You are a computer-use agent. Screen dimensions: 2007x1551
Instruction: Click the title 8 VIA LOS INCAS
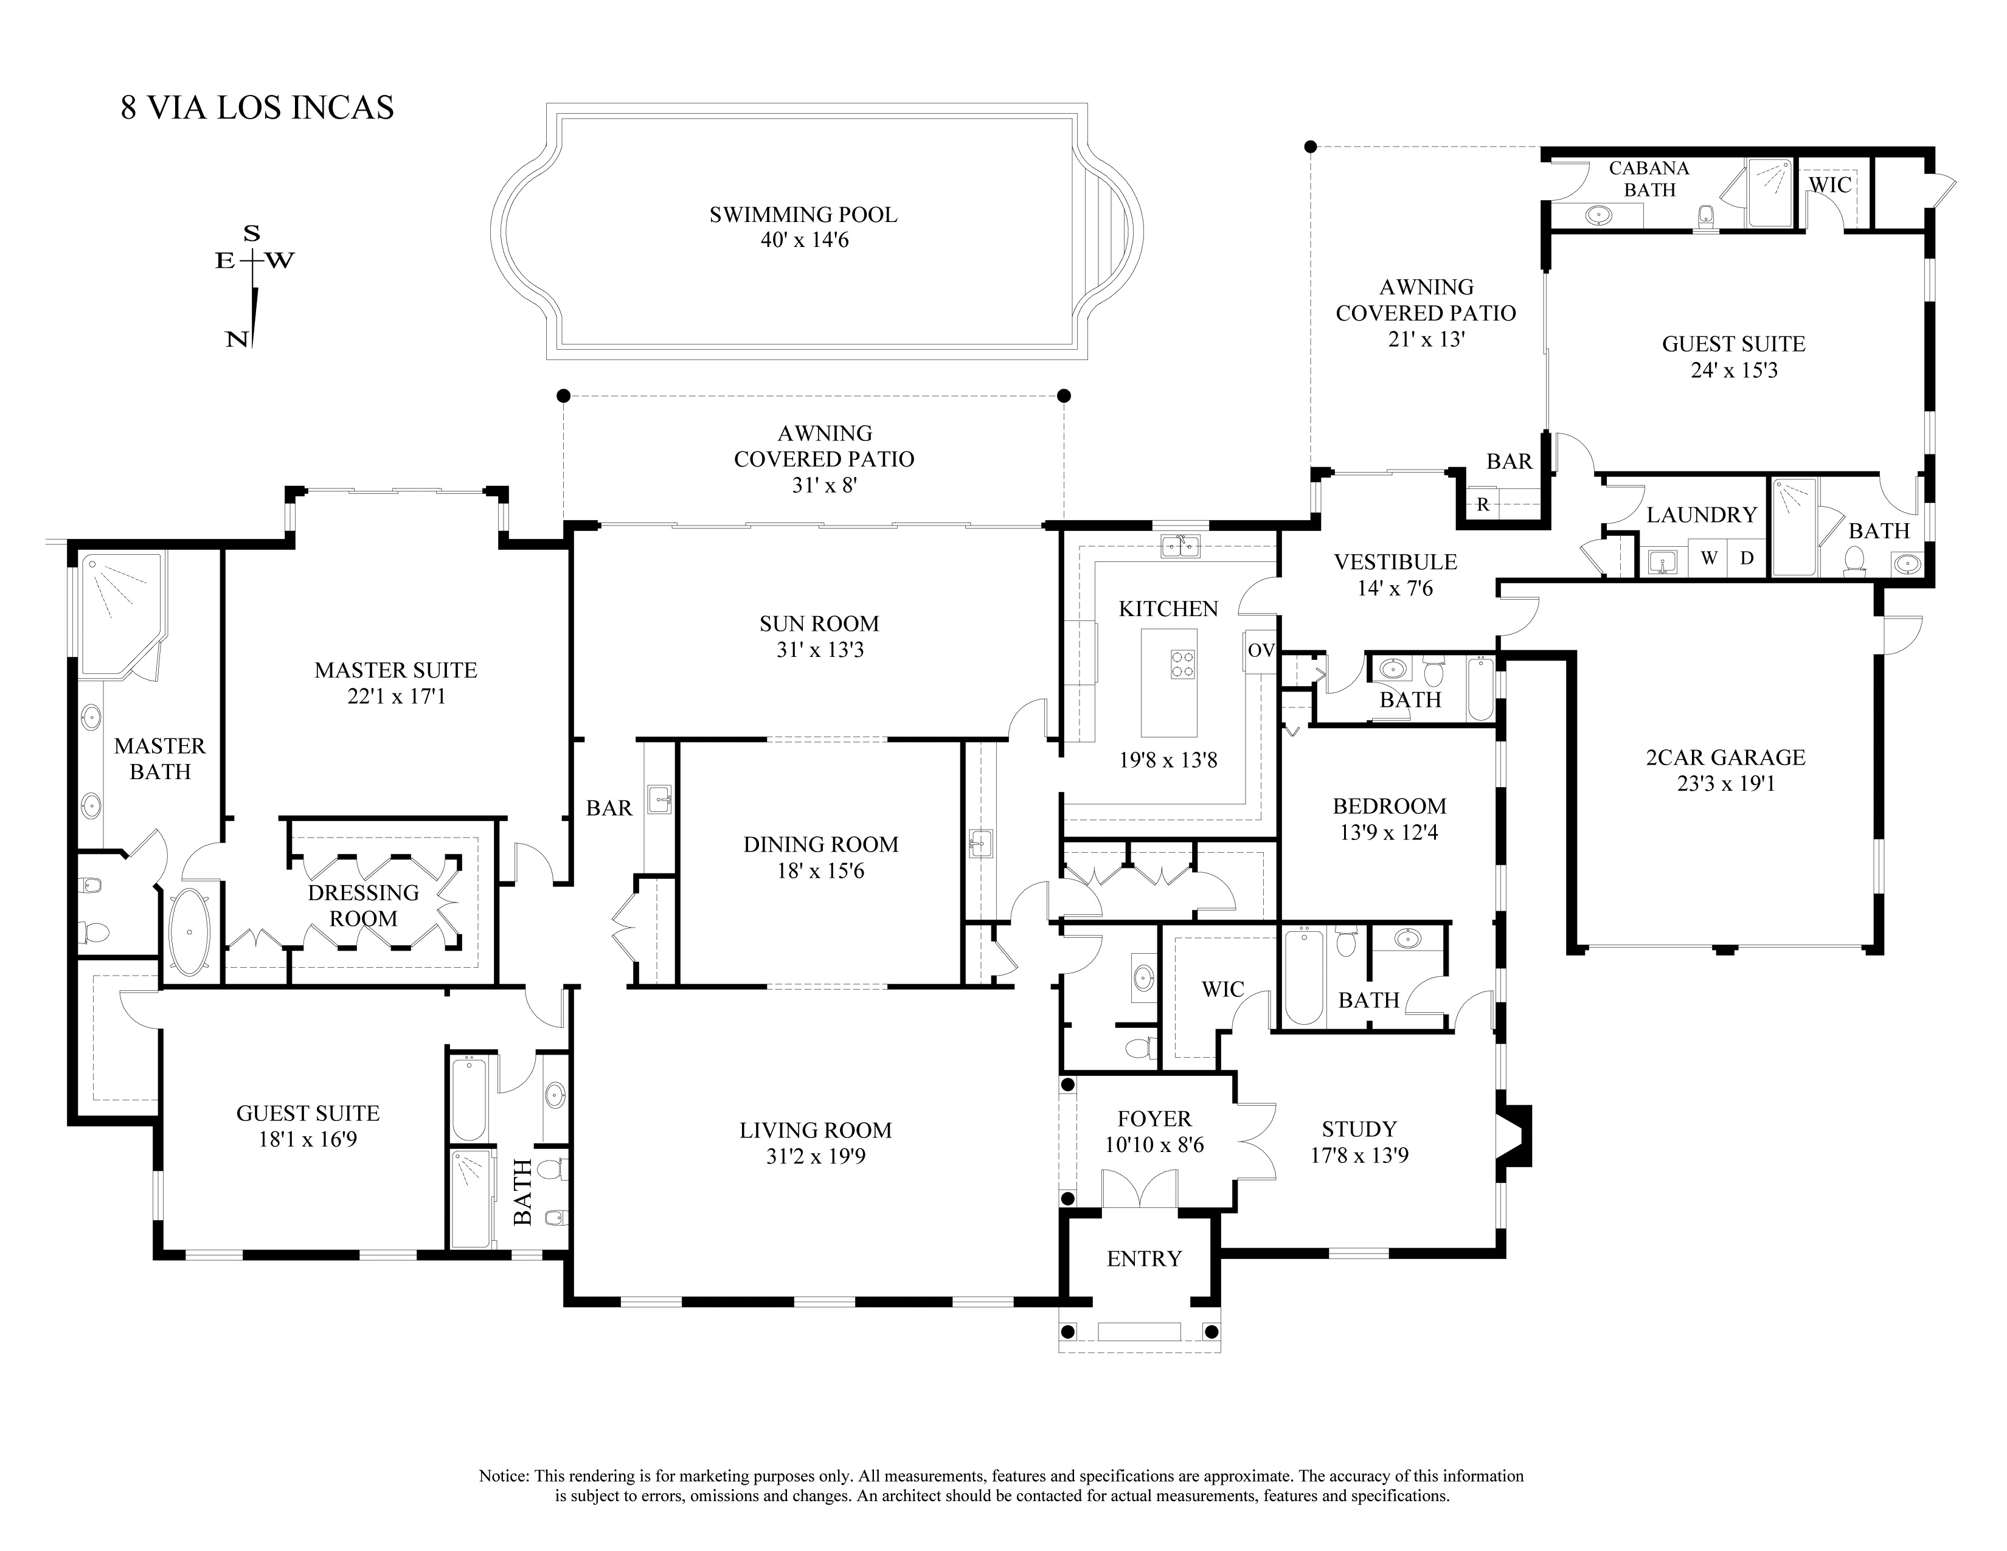(x=257, y=108)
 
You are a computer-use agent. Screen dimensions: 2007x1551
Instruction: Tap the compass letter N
(x=237, y=339)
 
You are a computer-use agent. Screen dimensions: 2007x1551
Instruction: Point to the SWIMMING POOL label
(x=803, y=215)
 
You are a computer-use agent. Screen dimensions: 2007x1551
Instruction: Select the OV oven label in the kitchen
(x=1261, y=651)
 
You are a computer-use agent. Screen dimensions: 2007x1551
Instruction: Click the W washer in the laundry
(x=1708, y=558)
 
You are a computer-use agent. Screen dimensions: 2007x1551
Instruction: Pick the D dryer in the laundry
(x=1747, y=558)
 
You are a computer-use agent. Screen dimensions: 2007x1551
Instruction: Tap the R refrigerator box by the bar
(x=1483, y=504)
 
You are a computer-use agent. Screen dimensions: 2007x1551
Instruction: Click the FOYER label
(x=1154, y=1119)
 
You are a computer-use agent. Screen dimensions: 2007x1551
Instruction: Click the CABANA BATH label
(x=1649, y=179)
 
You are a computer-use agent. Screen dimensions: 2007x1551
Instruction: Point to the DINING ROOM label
(x=820, y=844)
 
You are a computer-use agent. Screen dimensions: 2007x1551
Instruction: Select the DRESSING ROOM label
(x=363, y=905)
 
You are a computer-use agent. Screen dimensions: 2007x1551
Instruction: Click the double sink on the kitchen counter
(x=1181, y=547)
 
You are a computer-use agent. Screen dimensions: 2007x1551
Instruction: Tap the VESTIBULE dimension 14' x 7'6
(x=1395, y=588)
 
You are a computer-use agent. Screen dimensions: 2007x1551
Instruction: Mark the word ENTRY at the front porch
(x=1144, y=1259)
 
